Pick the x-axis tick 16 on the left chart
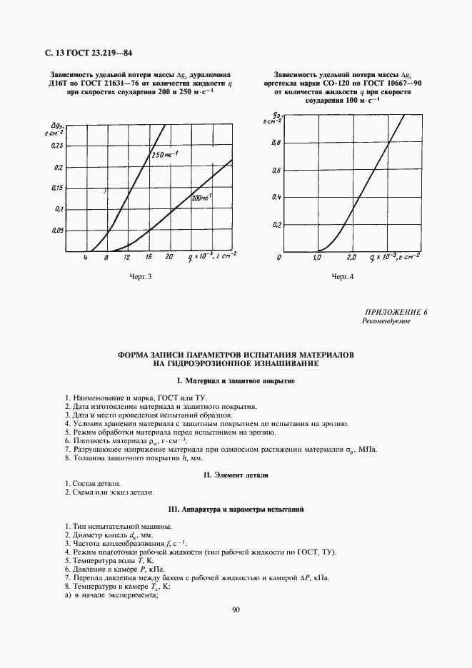[x=148, y=257]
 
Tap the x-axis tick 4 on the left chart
[x=85, y=257]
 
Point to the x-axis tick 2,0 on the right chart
[x=351, y=257]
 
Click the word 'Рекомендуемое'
[x=386, y=322]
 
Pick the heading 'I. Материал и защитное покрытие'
[x=236, y=382]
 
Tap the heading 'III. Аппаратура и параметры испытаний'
[x=236, y=510]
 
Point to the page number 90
[x=236, y=609]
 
